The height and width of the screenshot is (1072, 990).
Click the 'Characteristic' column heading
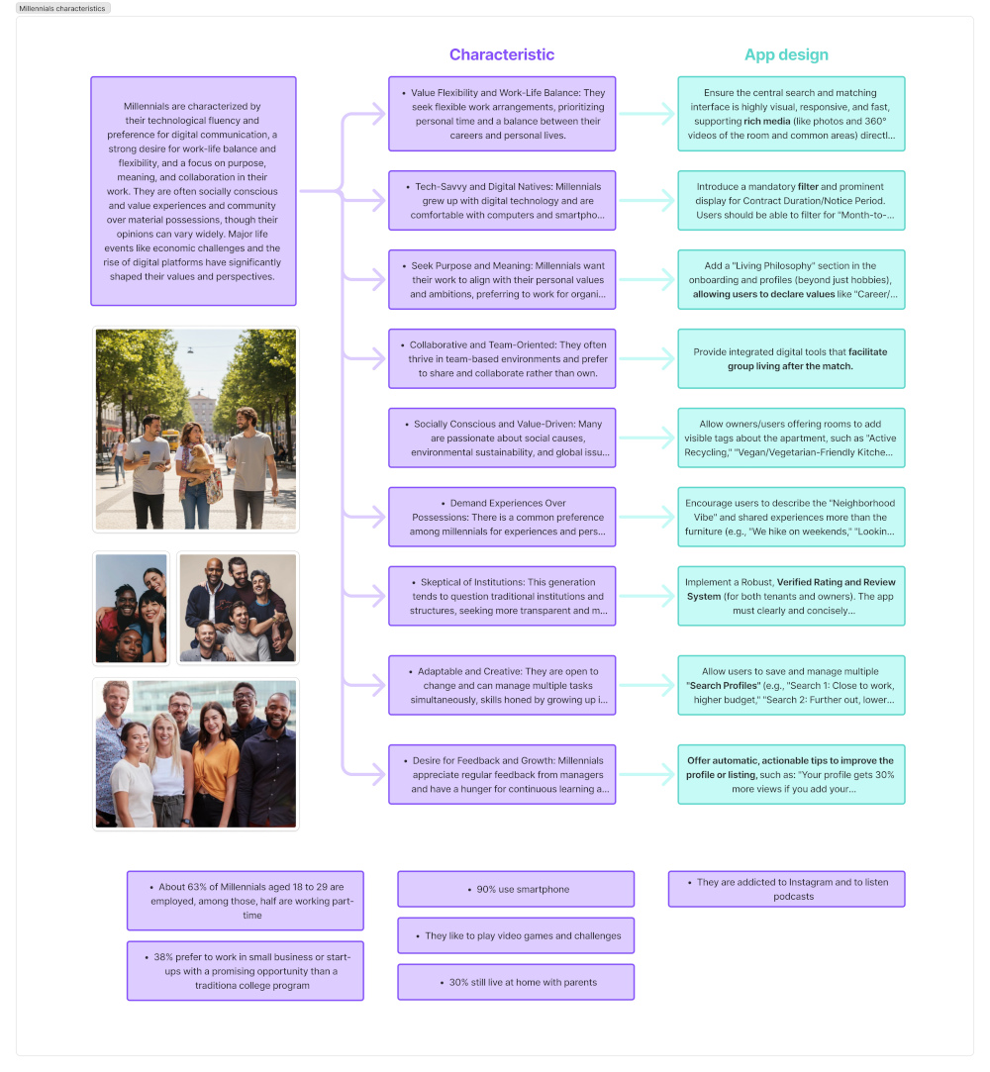[x=502, y=55]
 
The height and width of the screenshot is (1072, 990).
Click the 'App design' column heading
[x=786, y=55]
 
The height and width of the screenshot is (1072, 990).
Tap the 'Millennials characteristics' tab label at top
[x=61, y=8]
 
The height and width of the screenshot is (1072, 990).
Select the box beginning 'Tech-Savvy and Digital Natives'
[x=502, y=201]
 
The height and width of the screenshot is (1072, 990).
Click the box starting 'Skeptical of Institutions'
[x=502, y=596]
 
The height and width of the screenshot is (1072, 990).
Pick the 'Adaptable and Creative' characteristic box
[x=502, y=685]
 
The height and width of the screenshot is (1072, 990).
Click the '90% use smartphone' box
[x=516, y=889]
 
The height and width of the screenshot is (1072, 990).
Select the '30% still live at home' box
[x=516, y=982]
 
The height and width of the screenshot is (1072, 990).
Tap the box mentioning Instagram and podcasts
[x=786, y=889]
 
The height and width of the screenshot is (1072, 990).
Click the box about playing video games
[x=516, y=935]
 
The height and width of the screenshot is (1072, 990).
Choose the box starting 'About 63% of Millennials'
[x=246, y=901]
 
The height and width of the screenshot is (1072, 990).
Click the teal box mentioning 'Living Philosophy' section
[x=791, y=280]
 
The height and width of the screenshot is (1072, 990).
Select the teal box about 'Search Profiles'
[x=791, y=685]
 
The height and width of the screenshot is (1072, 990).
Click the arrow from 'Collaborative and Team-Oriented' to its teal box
[x=647, y=358]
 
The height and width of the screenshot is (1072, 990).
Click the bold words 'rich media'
[x=765, y=121]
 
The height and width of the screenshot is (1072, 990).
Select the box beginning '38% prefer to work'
[x=246, y=971]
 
